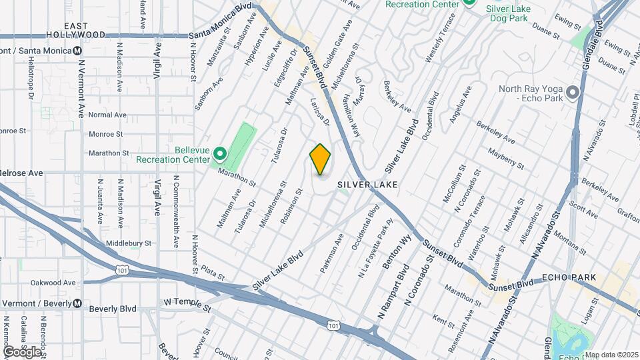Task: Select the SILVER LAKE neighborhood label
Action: pyautogui.click(x=367, y=184)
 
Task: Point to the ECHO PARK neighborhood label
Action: pyautogui.click(x=563, y=277)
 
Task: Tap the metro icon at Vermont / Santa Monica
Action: pyautogui.click(x=78, y=51)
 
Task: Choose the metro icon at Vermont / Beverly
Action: pyautogui.click(x=77, y=303)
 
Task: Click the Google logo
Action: pyautogui.click(x=21, y=351)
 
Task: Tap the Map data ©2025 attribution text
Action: pyautogui.click(x=611, y=355)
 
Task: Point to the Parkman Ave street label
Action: pyautogui.click(x=331, y=253)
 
